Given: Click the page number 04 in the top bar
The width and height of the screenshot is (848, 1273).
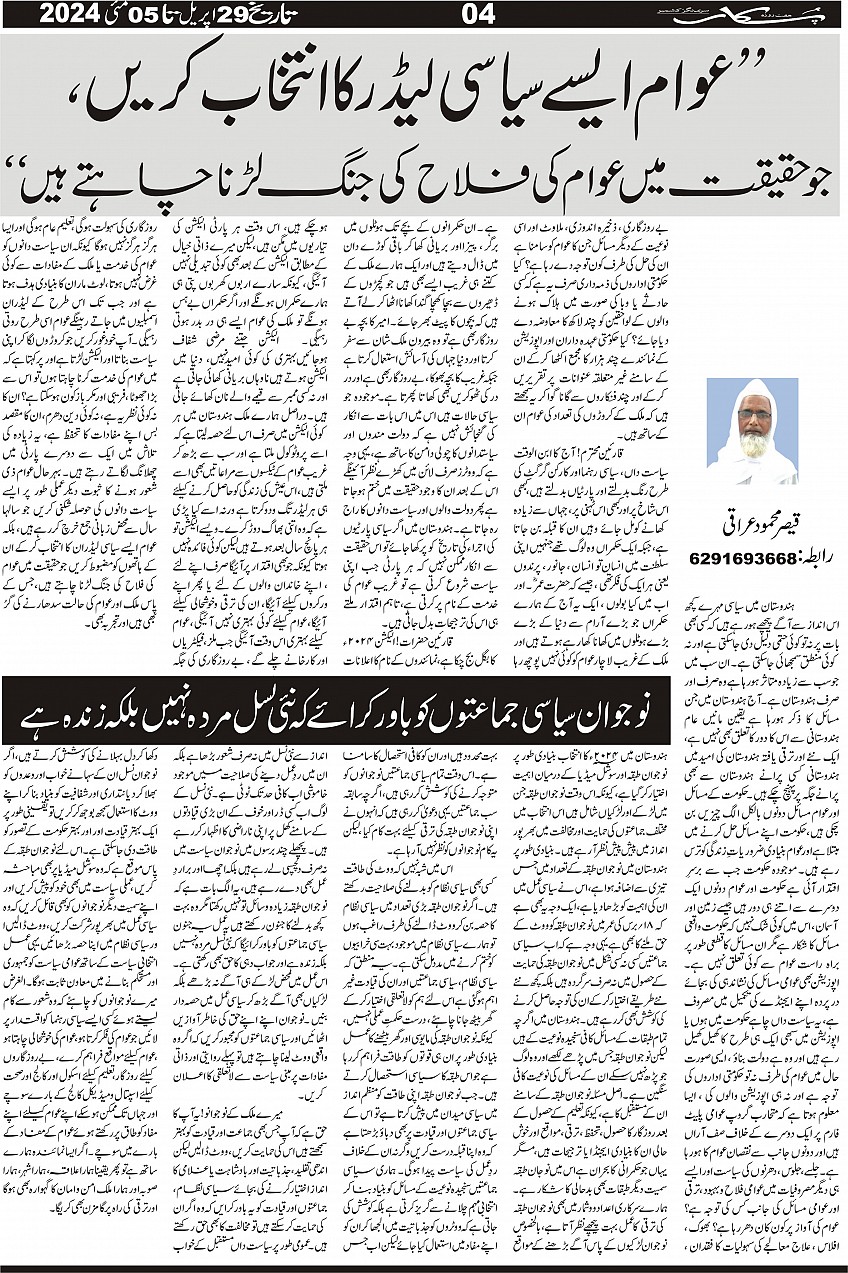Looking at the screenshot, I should coord(423,14).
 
